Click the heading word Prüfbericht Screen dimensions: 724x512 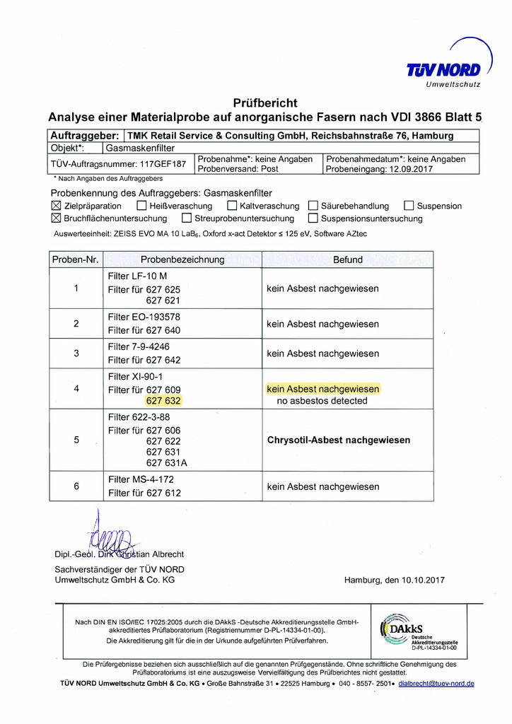(x=265, y=103)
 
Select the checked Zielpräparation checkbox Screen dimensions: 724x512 (x=57, y=206)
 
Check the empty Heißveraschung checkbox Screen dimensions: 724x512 (x=141, y=206)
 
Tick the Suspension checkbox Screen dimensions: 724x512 (x=409, y=206)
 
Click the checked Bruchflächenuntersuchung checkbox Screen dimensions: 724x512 (x=57, y=218)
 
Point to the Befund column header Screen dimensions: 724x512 (x=347, y=259)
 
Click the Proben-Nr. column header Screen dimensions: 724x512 (x=76, y=259)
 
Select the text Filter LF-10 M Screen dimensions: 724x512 (x=137, y=276)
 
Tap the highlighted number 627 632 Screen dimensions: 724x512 (x=163, y=401)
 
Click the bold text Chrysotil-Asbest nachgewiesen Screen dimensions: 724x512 (x=339, y=440)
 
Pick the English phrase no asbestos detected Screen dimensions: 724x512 (x=322, y=401)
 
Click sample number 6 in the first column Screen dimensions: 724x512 (x=76, y=486)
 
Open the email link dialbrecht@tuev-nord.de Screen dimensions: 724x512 (x=436, y=684)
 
